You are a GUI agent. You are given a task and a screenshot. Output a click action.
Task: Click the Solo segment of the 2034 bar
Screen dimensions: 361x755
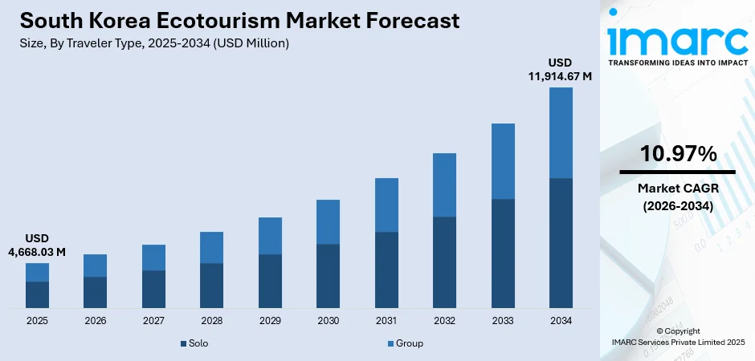pos(561,242)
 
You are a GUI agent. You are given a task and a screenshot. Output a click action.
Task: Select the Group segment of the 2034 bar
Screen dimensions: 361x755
pos(561,132)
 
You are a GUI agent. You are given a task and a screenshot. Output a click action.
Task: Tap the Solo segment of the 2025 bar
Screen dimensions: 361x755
pos(37,294)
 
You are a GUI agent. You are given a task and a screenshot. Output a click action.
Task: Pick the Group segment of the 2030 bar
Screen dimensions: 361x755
pos(328,221)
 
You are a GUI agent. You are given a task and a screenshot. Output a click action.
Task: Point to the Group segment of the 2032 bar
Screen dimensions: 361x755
pos(444,185)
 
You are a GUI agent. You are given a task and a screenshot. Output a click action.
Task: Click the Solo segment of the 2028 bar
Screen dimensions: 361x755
pos(211,285)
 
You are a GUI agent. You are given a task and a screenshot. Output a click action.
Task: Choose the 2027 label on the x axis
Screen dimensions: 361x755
pos(153,321)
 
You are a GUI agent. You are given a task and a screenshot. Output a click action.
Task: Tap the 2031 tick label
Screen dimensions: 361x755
pos(386,321)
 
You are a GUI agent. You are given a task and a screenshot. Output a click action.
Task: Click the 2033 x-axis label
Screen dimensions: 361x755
pos(503,321)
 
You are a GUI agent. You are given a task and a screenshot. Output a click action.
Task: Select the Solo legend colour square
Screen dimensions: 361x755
pos(183,343)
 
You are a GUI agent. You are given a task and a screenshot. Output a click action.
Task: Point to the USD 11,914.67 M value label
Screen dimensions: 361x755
pos(560,70)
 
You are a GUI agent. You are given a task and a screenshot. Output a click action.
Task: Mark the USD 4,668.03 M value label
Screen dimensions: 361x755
pos(37,245)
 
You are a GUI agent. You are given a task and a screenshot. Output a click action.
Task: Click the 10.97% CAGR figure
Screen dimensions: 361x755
pos(678,154)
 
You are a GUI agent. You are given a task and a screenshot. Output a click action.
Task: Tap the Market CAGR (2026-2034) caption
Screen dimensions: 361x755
pos(678,197)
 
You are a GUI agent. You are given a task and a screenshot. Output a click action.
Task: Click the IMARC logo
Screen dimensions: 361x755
pos(677,38)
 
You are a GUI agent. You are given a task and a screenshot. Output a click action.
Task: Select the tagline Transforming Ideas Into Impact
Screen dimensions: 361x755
pos(677,62)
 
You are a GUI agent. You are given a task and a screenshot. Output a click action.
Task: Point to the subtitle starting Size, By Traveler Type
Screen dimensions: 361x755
pos(152,43)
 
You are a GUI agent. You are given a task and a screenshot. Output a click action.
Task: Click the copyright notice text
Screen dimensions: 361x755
pos(678,336)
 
